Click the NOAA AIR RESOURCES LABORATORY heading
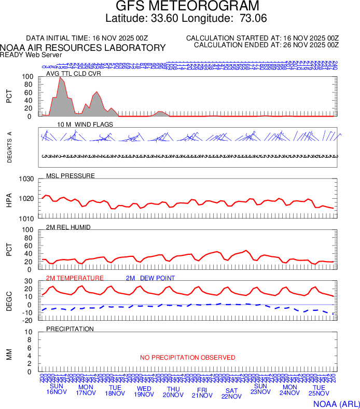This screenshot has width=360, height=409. [83, 48]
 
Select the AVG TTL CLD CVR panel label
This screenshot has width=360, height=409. [74, 73]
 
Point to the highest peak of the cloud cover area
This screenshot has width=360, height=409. [61, 77]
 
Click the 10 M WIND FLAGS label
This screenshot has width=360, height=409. [85, 125]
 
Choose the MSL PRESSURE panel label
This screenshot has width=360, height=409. [71, 176]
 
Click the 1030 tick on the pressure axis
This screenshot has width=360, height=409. [27, 179]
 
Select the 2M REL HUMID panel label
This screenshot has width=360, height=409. [68, 227]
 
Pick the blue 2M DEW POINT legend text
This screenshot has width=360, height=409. [150, 278]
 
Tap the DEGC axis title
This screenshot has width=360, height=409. [9, 301]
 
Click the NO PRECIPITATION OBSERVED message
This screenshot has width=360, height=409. [188, 358]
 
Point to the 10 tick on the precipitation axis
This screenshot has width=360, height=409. [30, 332]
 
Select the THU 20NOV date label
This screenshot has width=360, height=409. [173, 392]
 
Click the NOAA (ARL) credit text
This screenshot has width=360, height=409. [336, 403]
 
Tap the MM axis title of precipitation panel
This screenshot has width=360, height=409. [9, 354]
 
